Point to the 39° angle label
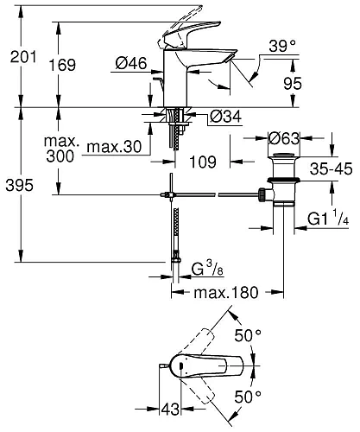point(282,46)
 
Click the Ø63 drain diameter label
point(283,137)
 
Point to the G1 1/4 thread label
point(328,221)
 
